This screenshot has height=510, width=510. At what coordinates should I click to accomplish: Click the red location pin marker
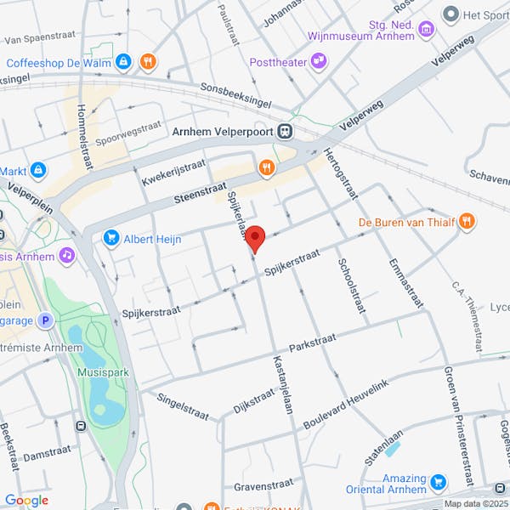click(x=255, y=239)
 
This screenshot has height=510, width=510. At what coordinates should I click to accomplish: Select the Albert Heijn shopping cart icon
click(x=110, y=239)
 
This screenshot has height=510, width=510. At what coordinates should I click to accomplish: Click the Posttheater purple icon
click(x=318, y=60)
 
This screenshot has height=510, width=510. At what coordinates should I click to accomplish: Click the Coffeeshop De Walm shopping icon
click(x=124, y=62)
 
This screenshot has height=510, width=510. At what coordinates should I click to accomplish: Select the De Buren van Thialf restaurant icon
click(x=466, y=222)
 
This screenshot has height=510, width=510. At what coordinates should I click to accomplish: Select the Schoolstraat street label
click(x=351, y=286)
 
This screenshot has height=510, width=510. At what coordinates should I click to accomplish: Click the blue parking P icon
click(x=46, y=320)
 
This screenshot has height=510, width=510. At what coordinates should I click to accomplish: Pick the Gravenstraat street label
click(x=263, y=487)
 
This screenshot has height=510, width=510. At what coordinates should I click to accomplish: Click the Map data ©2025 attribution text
click(x=474, y=503)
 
